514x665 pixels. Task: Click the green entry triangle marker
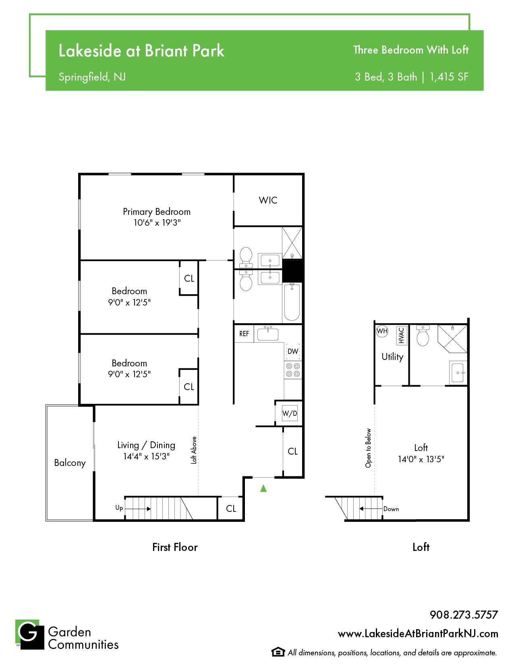[x=263, y=488]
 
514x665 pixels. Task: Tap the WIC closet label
[x=268, y=200]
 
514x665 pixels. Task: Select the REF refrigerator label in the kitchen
[x=244, y=334]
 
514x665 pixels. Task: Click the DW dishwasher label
[x=292, y=351]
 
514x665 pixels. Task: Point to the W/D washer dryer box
[x=290, y=414]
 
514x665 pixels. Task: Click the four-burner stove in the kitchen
[x=292, y=370]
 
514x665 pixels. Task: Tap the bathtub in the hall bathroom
[x=292, y=302]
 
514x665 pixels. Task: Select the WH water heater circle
[x=382, y=331]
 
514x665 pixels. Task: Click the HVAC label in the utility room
[x=402, y=335]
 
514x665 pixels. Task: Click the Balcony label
[x=70, y=463]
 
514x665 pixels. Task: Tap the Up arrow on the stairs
[x=138, y=509]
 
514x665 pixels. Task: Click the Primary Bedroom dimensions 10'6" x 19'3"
[x=157, y=222]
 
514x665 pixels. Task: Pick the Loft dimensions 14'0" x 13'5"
[x=421, y=459]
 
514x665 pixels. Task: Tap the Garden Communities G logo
[x=30, y=634]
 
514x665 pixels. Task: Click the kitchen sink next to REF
[x=267, y=334]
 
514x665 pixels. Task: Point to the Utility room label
[x=392, y=357]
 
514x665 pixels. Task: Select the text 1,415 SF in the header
[x=449, y=77]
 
